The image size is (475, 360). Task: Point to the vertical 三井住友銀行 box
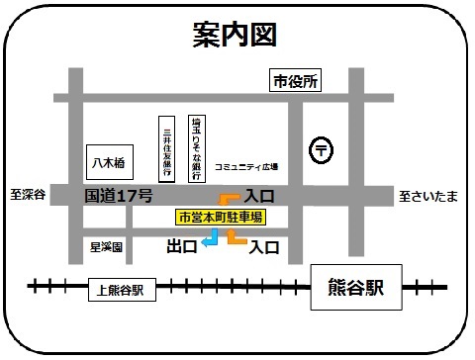169,150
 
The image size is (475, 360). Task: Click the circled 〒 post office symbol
323,149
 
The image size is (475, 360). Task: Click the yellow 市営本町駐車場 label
220,217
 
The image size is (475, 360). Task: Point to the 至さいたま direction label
428,196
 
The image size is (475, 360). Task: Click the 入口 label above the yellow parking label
258,196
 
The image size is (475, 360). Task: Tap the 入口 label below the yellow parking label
263,244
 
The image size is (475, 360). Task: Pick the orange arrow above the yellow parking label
229,200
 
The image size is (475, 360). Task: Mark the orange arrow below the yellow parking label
236,236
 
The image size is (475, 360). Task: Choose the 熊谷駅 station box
356,289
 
